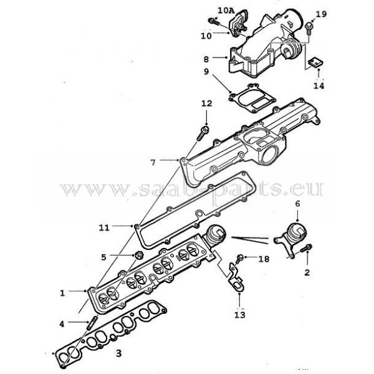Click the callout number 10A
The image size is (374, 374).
(226, 11)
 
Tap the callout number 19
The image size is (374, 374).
(321, 14)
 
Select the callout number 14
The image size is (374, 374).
(319, 85)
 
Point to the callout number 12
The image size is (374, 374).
(206, 103)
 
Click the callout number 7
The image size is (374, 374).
(153, 163)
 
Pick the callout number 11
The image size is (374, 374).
(104, 228)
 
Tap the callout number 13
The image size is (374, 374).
(240, 315)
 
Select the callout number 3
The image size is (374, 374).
(118, 353)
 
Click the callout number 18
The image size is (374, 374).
(264, 259)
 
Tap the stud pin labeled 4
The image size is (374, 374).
(92, 322)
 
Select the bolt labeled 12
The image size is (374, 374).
(203, 134)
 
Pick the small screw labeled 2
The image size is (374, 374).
(307, 249)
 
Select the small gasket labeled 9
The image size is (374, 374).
(252, 98)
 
